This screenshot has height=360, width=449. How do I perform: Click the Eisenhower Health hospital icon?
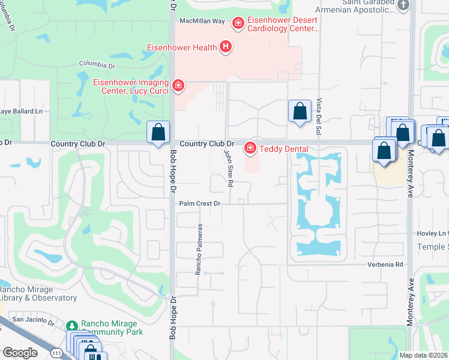(226, 47)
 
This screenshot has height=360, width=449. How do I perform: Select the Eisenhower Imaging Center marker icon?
(178, 86)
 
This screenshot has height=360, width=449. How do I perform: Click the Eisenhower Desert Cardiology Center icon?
(238, 23)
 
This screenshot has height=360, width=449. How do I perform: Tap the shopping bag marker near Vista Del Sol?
(300, 111)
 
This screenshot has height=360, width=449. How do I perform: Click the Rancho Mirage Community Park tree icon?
(72, 326)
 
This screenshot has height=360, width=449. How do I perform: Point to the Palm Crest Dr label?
(200, 204)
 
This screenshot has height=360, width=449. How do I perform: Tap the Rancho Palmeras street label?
(199, 250)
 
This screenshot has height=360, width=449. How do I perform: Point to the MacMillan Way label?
(202, 21)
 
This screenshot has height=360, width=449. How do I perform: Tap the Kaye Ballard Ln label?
(22, 112)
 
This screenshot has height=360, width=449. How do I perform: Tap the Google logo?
(20, 352)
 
